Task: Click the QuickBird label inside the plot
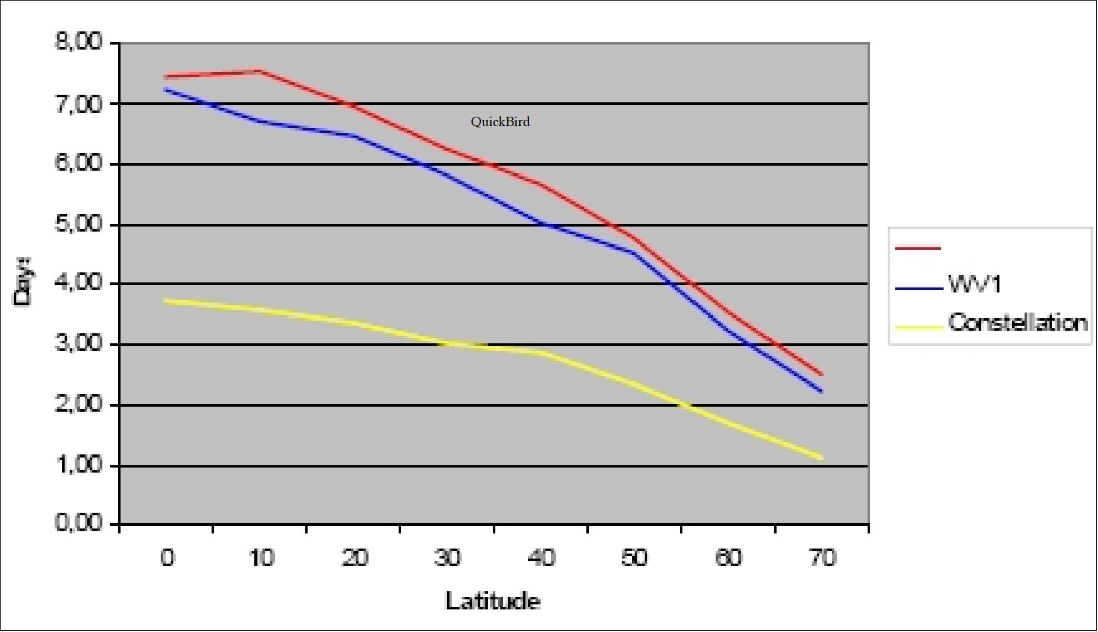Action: pos(500,122)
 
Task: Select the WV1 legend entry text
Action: pos(975,284)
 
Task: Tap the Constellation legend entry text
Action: pos(1017,323)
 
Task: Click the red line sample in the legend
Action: pos(918,249)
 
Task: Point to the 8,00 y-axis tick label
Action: pos(78,43)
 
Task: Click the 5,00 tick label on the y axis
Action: pos(78,224)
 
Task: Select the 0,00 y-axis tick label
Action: pos(78,523)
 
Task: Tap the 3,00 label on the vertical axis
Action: pos(78,344)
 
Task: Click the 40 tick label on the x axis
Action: pos(541,557)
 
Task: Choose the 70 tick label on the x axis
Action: pos(822,557)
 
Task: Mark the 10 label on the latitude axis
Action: pos(261,557)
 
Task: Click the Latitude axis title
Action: pos(493,601)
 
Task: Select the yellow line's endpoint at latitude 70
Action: pos(821,458)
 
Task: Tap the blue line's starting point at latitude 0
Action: pos(166,90)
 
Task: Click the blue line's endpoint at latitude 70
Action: pos(821,391)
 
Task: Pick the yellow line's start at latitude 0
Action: pos(166,301)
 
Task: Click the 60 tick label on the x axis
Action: pos(728,557)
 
